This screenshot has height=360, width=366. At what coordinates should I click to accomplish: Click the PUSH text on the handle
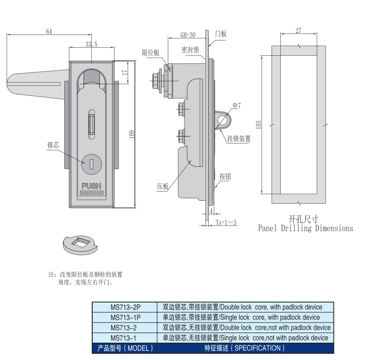91,187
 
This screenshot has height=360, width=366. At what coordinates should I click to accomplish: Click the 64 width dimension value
49,31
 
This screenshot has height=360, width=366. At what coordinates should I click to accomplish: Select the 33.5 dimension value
92,45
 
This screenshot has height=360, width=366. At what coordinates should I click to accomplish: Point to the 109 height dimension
132,134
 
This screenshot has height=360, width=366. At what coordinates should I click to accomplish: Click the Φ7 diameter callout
237,105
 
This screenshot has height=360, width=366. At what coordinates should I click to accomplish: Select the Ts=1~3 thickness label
226,222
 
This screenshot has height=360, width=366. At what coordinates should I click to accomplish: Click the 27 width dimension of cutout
299,31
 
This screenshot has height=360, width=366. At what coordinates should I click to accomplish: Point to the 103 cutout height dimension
258,123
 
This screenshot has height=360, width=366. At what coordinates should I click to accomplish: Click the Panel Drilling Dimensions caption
305,228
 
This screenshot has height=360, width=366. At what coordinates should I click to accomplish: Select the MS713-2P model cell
125,307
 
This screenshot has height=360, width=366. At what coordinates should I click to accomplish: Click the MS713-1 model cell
125,338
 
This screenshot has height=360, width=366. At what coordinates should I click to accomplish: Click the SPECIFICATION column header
245,348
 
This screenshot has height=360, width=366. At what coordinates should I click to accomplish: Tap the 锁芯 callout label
53,145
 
